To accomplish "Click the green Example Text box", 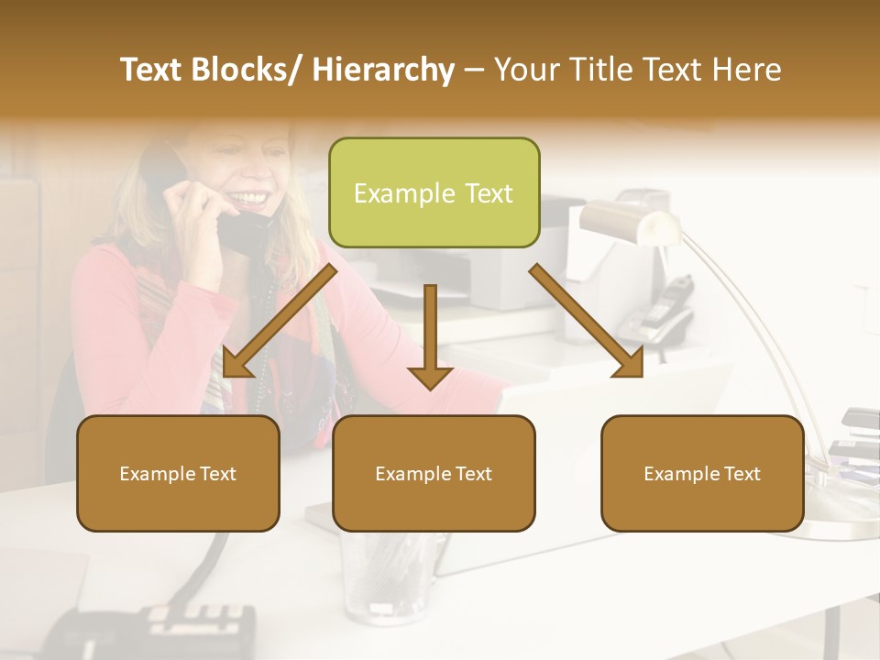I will click(434, 192).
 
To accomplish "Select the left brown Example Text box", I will click(178, 473).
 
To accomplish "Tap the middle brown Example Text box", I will click(434, 473).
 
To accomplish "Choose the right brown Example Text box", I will click(702, 473).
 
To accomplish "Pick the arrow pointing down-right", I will click(587, 321).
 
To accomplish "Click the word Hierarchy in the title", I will click(383, 70).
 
